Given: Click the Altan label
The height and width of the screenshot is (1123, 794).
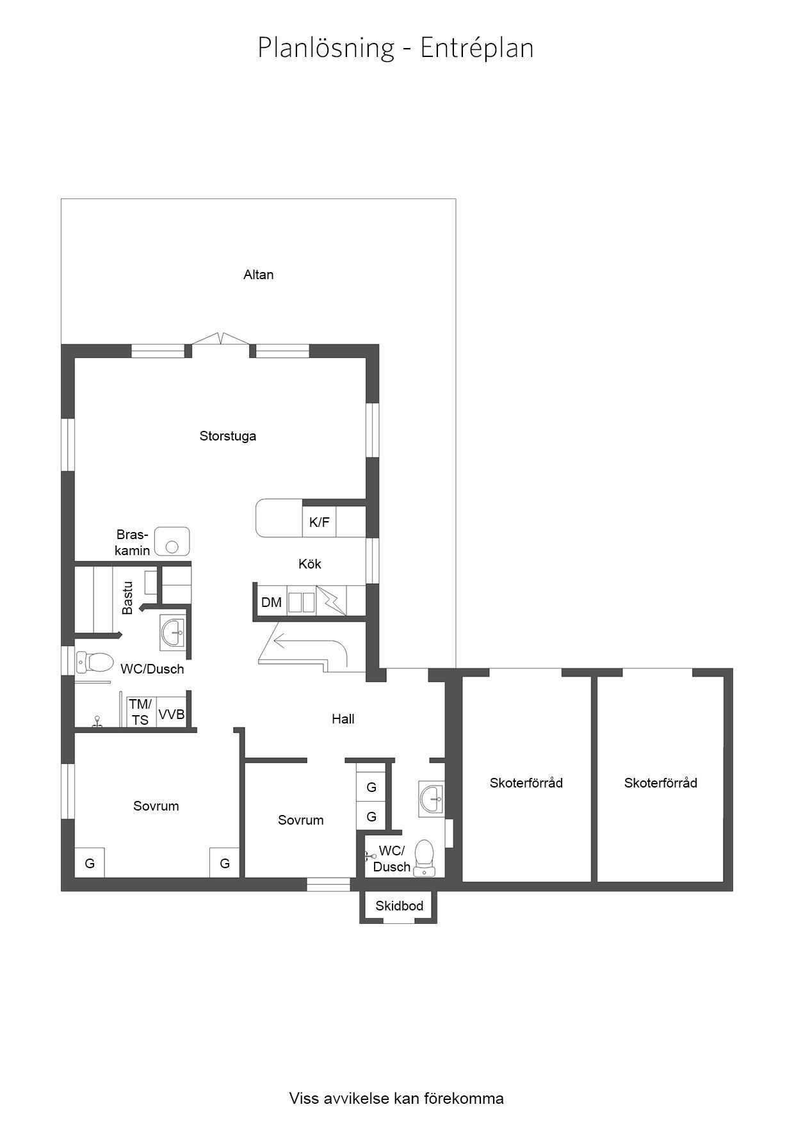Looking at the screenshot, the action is point(258,275).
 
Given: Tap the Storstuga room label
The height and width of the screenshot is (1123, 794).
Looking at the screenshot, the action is point(228,436).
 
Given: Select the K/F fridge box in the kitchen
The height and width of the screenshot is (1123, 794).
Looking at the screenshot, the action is point(319,522).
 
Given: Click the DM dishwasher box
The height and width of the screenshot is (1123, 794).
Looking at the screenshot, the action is point(271,602).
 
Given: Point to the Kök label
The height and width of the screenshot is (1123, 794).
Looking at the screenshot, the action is point(310,564).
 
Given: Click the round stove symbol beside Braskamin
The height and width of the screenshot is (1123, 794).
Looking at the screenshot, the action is point(172,546).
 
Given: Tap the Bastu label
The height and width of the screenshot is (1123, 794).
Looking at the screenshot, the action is point(128,597).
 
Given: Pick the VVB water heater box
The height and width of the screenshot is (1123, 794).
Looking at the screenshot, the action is point(172,713).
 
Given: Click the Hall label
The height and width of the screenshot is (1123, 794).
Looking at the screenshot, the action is point(343,719).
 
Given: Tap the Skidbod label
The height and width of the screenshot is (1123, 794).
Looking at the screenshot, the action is point(400,906).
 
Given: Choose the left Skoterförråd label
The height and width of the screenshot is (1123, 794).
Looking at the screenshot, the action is point(526,782).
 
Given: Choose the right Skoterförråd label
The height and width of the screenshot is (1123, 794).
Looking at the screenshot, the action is point(661,782).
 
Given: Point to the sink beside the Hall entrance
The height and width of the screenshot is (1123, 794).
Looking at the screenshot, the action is point(432,798).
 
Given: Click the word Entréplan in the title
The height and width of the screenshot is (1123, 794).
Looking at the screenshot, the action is point(477,49).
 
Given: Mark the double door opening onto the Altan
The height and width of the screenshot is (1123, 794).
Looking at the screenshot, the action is point(220,339).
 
